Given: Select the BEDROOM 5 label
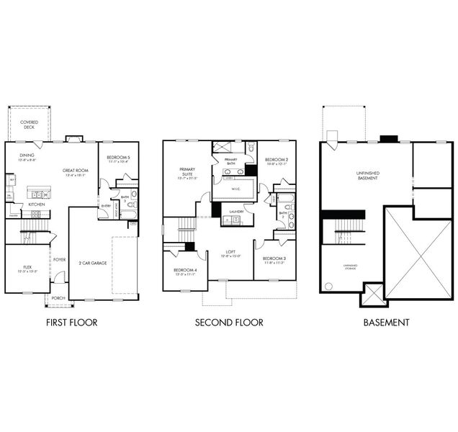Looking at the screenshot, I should (x=118, y=158).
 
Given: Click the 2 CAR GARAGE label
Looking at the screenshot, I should (x=93, y=263).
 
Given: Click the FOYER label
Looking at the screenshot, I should (x=59, y=259).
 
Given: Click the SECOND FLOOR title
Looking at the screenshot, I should (x=229, y=323).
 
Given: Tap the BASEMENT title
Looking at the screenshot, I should (x=386, y=323).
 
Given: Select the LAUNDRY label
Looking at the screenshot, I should (x=235, y=211).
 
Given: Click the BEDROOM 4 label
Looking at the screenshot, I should (x=184, y=271).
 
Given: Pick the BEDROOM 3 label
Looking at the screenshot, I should (x=274, y=258).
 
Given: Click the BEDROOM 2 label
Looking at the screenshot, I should (x=276, y=160).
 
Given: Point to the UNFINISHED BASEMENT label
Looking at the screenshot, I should (x=367, y=175).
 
